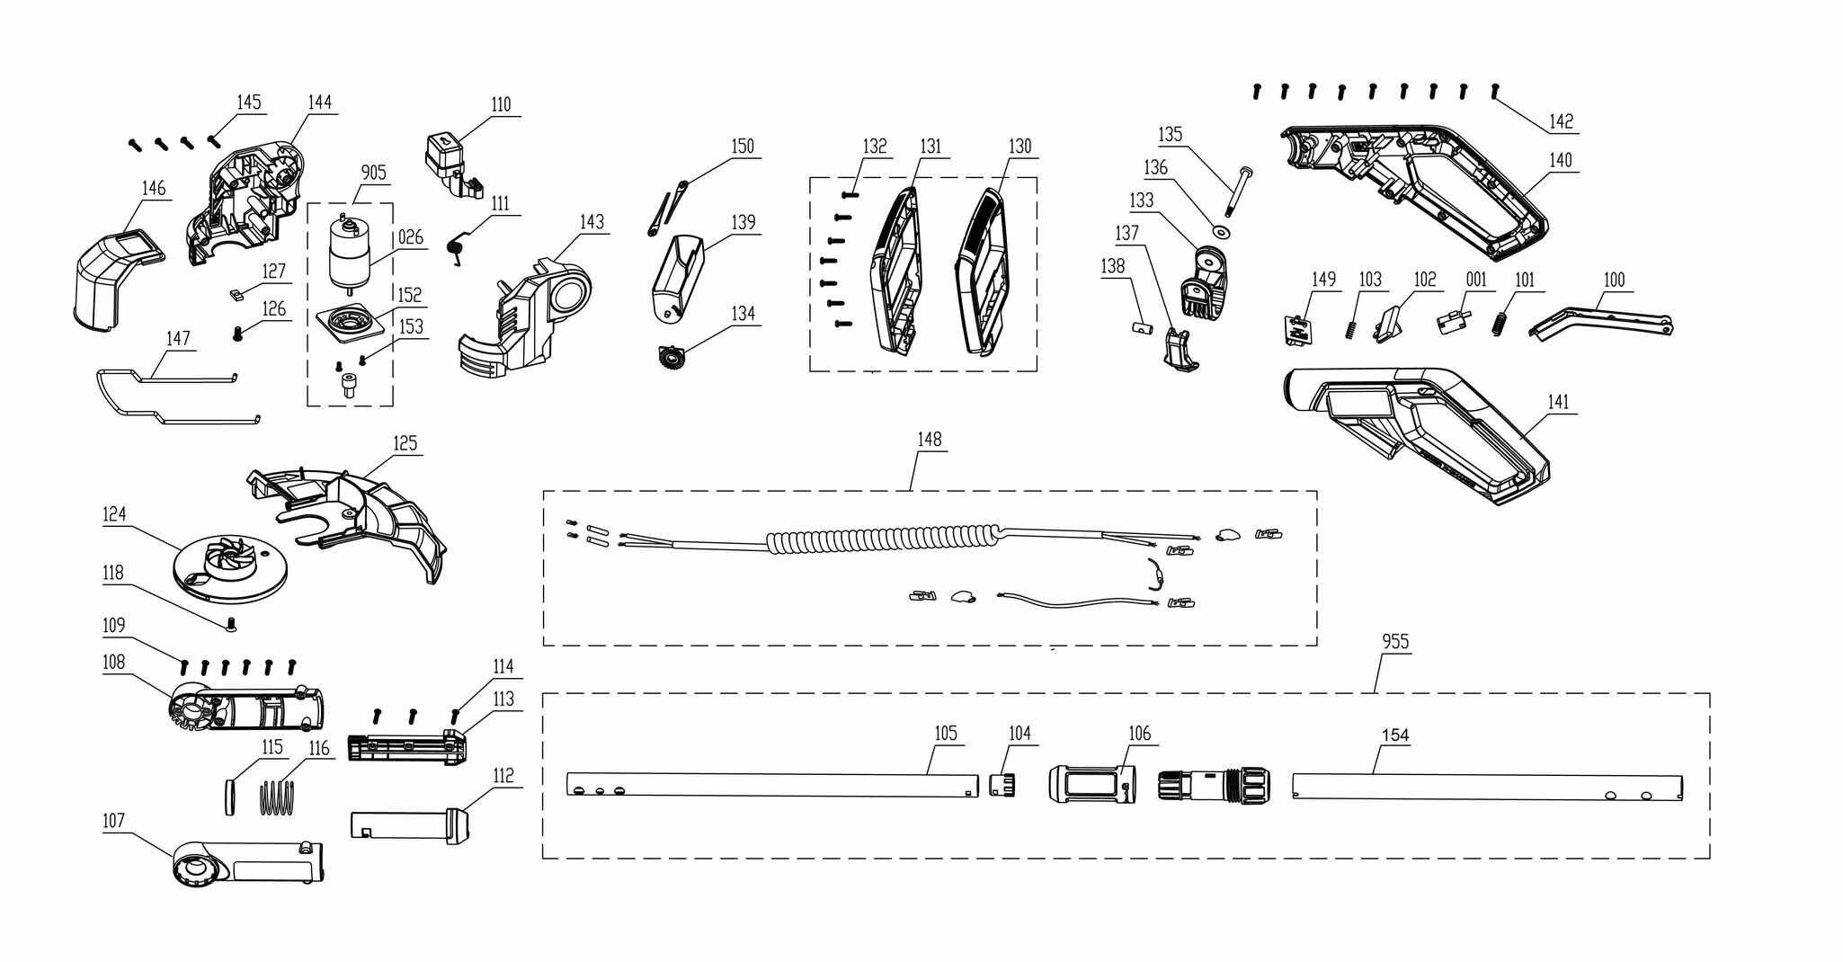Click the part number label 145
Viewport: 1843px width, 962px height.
pos(249,102)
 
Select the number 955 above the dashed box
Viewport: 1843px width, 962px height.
pos(1395,642)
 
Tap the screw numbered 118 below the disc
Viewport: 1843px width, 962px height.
pos(232,623)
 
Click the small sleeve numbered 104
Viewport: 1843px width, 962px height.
pos(1002,784)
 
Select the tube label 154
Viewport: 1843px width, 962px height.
pos(1394,735)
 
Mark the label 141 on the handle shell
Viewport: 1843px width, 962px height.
pos(1558,402)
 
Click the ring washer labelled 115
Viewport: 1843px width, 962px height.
pos(230,797)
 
